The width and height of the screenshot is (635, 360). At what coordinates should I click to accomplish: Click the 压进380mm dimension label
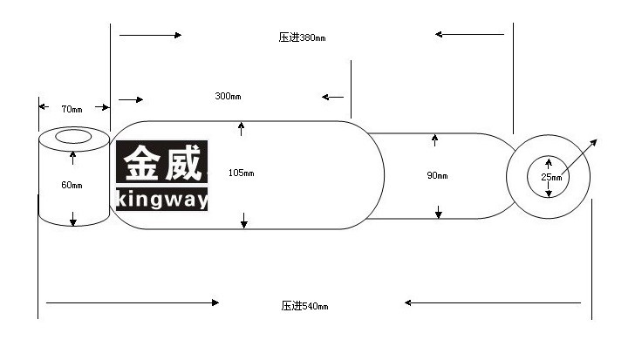point(302,37)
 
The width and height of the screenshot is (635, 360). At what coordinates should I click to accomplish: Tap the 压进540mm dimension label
point(304,306)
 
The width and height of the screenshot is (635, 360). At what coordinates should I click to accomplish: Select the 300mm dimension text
point(228,96)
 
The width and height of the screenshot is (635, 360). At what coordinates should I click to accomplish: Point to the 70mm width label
point(72,109)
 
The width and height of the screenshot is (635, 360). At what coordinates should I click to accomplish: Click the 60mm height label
point(72,186)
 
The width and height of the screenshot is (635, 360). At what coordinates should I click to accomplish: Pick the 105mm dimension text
point(242,173)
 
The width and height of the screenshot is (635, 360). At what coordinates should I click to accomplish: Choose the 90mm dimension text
point(437,175)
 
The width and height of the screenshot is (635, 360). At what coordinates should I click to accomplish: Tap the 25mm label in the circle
point(551,177)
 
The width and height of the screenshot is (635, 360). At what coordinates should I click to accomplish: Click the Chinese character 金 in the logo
point(141,163)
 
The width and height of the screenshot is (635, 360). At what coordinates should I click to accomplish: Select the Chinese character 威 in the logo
point(183,163)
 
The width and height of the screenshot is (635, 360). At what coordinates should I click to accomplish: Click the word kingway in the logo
point(162,199)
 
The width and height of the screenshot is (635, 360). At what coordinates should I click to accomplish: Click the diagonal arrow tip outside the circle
point(597,139)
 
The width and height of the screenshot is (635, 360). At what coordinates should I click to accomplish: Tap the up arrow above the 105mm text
point(241,129)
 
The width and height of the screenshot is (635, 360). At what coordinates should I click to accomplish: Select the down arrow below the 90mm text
point(438,212)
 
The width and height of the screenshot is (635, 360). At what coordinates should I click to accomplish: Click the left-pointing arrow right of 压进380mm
point(470,34)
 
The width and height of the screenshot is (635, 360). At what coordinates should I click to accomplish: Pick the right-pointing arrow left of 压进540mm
point(133,302)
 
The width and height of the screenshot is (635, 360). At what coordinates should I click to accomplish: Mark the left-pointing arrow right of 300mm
point(333,97)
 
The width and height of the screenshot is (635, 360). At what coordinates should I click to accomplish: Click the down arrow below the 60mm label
point(73,219)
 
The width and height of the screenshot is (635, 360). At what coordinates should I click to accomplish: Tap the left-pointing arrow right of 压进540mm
point(493,302)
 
